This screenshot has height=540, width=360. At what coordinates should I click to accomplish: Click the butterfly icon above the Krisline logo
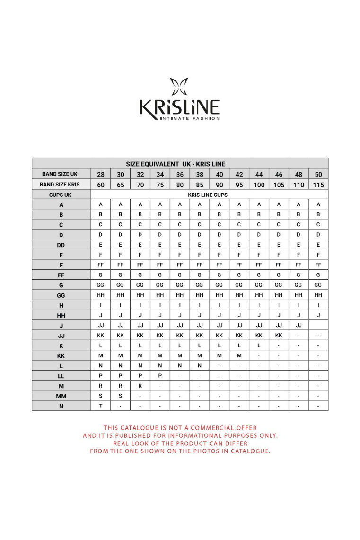pos(179,87)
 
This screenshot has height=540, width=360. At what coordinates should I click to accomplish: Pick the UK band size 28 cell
pos(101,175)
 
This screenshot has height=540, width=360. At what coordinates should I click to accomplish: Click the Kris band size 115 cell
pos(318,185)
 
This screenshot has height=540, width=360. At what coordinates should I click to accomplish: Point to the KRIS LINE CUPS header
pos(208,195)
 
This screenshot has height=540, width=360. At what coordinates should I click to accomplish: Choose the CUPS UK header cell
pos(61,195)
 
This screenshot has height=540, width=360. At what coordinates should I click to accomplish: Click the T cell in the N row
pos(101,406)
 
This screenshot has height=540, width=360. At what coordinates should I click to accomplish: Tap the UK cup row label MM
pos(61,396)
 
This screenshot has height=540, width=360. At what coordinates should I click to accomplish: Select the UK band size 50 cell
pos(318,175)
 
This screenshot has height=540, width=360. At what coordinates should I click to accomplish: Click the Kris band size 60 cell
pos(101,185)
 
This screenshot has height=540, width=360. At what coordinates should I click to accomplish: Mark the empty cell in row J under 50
pos(318,325)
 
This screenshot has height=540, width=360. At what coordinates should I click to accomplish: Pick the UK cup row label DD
pos(61,245)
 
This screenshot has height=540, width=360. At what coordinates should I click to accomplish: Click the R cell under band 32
pos(140,386)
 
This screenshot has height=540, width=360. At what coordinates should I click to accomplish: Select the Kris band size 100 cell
pos(259,185)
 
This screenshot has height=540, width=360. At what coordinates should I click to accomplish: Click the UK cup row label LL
pos(61,376)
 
